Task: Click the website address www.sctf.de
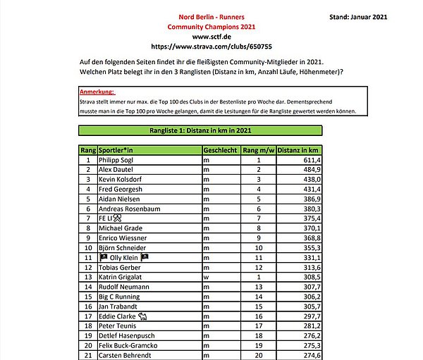(211, 35)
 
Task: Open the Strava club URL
(211, 45)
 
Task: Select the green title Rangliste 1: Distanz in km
(200, 130)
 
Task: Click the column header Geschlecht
(220, 150)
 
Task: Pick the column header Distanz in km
(299, 150)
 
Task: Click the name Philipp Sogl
(116, 160)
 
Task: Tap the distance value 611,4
(310, 160)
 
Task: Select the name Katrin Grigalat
(121, 278)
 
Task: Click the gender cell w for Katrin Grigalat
(206, 278)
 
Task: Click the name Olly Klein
(127, 258)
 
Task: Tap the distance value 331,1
(310, 258)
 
